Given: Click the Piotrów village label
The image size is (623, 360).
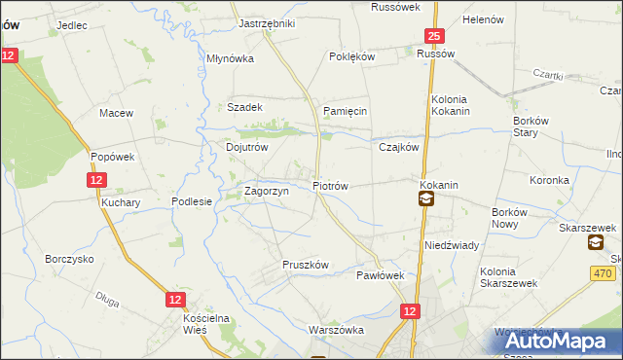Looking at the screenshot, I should (329, 185).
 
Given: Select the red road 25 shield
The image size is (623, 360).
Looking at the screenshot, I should (434, 37).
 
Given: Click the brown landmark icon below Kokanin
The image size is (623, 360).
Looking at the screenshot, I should (426, 199).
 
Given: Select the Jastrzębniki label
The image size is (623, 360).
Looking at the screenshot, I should (267, 22).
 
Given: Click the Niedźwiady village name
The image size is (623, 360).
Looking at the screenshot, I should (451, 245).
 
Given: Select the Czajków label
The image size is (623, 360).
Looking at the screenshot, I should (398, 148).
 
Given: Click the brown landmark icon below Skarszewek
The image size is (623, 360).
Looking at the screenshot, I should (596, 244).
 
